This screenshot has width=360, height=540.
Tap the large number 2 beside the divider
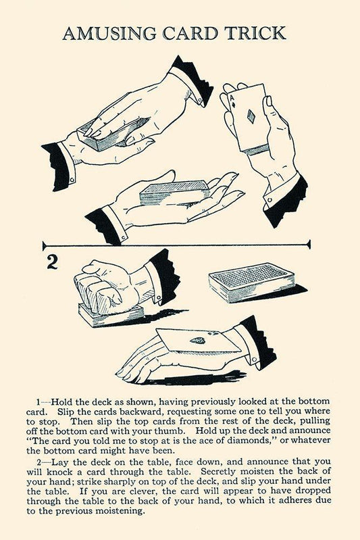pos(52,262)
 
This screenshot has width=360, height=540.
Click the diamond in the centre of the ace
pos(251,116)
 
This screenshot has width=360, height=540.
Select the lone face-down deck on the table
pos(252,283)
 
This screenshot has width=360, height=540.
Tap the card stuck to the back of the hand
pos(198,340)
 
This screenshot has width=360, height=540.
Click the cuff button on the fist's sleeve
pos(158,297)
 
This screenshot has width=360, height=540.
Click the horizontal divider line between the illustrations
pos(176,245)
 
